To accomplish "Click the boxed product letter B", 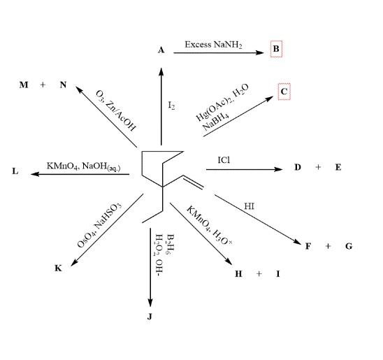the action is (276, 49).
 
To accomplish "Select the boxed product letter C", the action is (284, 92).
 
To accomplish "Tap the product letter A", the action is (161, 50).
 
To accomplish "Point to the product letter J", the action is (150, 317).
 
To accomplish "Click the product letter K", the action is (58, 268).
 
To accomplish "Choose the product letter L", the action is (15, 171).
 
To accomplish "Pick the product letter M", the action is (24, 85).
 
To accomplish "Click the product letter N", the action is (63, 85).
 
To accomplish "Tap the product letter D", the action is (298, 167).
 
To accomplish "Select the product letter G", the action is (349, 246).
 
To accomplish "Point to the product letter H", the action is (238, 274).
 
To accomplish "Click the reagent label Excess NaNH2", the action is (213, 45).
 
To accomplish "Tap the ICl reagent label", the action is (224, 160).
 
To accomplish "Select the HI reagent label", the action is (249, 206).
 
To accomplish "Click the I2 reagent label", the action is (171, 106).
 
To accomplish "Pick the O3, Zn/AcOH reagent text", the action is (115, 111).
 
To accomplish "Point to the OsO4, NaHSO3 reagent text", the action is (99, 225).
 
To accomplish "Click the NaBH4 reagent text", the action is (216, 122).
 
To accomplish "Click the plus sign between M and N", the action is (43, 85).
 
